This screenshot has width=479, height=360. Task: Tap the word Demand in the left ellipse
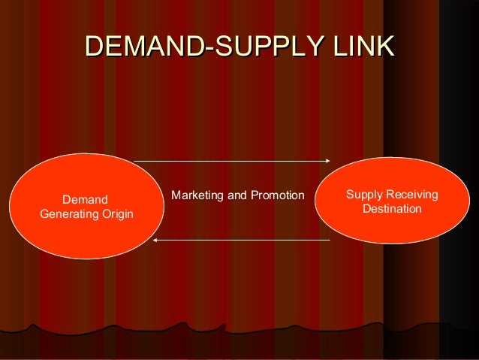point(86,200)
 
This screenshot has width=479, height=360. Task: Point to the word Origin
point(117,215)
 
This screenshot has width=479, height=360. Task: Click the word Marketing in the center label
point(197,196)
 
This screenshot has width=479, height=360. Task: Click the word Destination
point(392,208)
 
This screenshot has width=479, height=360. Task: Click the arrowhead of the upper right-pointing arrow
point(327,160)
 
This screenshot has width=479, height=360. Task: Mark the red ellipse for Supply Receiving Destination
point(392,230)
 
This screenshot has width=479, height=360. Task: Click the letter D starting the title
point(96,47)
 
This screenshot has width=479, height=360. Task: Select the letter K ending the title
point(384,47)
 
